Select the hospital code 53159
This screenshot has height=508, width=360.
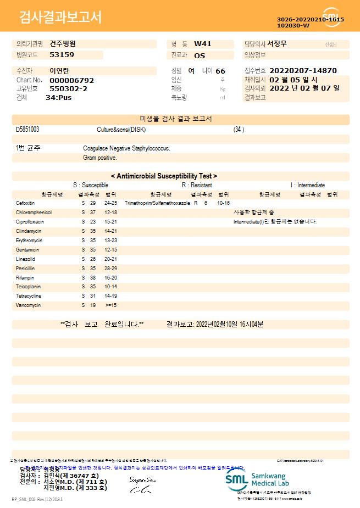pos(62,55)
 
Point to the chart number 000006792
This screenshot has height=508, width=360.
pos(71,80)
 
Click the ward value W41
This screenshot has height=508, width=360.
pos(203,44)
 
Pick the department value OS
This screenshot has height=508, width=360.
pos(200,55)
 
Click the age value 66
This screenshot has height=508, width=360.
pos(220,71)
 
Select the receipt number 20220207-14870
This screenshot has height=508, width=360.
pos(303,71)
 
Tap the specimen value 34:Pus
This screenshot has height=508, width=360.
pos(58,98)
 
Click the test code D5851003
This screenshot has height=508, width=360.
pos(27,130)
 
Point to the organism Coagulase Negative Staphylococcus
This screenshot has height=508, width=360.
pos(126,148)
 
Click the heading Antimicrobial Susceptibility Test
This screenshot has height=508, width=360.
pos(164,176)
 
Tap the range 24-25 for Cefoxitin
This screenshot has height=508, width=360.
pos(110,203)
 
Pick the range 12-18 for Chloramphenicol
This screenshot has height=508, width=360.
pos(110,213)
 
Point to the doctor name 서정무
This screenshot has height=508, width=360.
pos(277,43)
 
